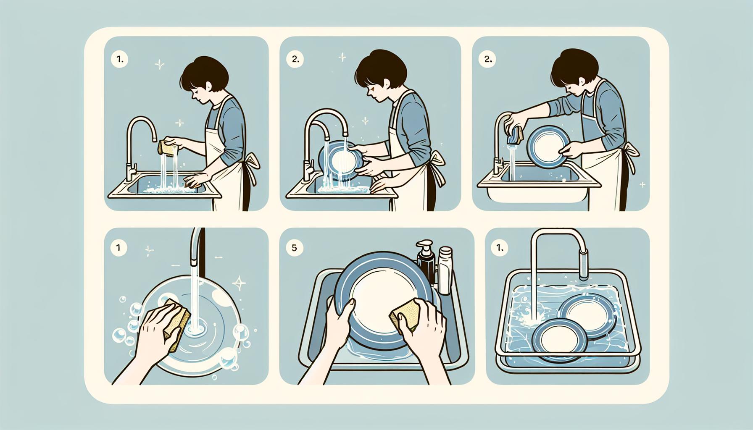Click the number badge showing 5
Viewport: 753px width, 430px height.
click(294, 248)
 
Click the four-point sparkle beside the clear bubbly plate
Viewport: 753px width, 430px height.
click(240, 283)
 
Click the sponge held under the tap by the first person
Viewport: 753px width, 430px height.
click(164, 147)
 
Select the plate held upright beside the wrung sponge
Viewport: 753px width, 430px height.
click(548, 147)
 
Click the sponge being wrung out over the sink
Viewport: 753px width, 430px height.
click(515, 134)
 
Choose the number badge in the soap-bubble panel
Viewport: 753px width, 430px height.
click(118, 248)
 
